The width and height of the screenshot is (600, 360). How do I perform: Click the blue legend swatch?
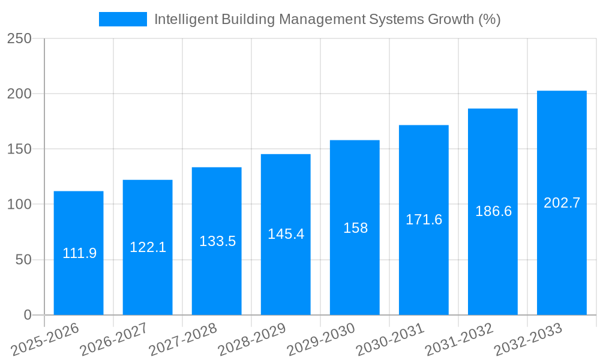123,19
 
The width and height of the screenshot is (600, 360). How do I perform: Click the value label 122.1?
148,247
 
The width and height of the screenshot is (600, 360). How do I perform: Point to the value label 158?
355,228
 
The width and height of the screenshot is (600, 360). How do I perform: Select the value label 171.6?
424,220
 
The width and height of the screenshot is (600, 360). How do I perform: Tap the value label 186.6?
493,211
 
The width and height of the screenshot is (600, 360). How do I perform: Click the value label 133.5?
217,241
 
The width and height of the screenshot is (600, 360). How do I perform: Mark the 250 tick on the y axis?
19,38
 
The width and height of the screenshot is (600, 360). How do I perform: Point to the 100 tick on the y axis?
19,205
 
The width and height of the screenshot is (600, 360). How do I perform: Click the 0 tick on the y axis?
27,315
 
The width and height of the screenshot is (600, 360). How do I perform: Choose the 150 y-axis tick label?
19,149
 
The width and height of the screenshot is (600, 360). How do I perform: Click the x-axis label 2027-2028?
183,338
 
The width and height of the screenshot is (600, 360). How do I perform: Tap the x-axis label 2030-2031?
390,338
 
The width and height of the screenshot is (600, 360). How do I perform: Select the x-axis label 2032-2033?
528,338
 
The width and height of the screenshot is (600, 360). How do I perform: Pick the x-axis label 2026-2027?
114,338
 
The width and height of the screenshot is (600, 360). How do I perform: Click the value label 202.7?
562,203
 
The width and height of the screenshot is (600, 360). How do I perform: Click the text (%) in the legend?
489,19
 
